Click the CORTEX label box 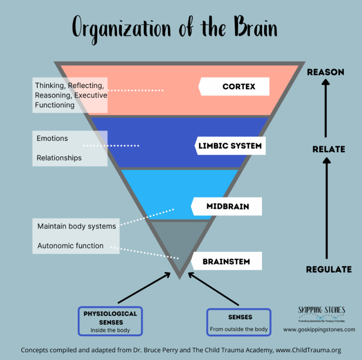point(234,87)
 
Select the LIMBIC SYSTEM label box point(230,146)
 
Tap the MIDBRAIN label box point(227,207)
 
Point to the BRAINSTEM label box point(227,261)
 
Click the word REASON point(325,72)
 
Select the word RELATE point(329,149)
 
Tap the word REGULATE point(329,269)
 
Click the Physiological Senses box point(111,321)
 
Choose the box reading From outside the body point(239,322)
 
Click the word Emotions point(52,138)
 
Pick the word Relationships point(59,158)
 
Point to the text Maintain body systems point(77,226)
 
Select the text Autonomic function point(70,246)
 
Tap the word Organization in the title point(121,30)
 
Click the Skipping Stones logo point(322,314)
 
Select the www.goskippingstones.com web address point(319,330)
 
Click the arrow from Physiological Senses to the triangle point(144,288)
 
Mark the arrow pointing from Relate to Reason point(326,108)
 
